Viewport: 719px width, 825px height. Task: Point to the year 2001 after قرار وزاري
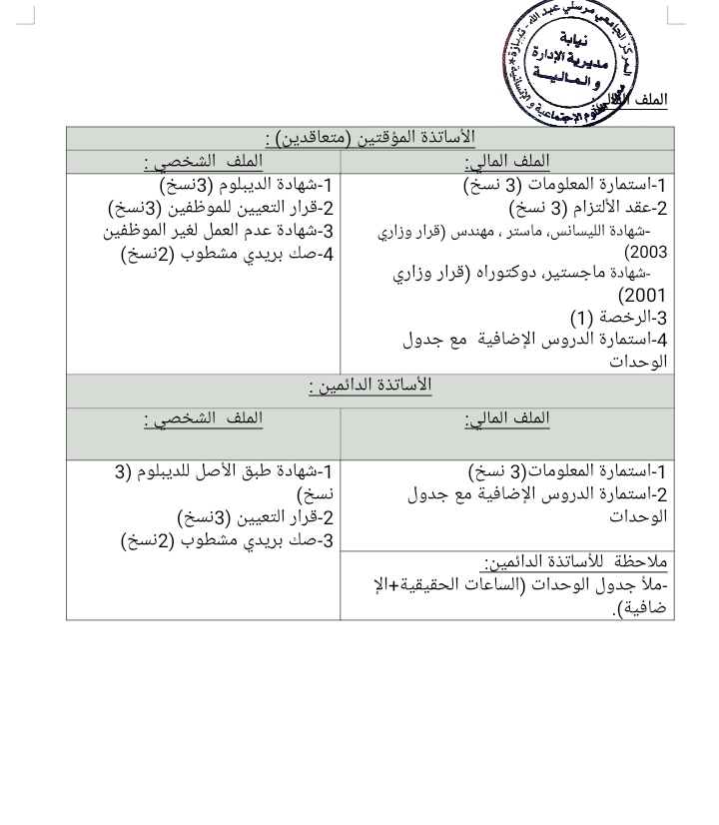[x=642, y=296]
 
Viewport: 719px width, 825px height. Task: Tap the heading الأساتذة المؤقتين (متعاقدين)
[x=370, y=137]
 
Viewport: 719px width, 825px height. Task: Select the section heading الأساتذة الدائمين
[x=370, y=386]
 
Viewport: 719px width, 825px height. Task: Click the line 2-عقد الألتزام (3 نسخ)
[x=588, y=209]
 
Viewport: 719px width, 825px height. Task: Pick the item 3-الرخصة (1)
[x=619, y=318]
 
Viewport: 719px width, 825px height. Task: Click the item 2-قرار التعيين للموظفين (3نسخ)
[x=221, y=208]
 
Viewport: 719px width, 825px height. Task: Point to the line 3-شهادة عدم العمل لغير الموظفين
[x=219, y=231]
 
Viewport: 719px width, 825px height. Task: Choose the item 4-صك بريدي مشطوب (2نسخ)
[x=227, y=254]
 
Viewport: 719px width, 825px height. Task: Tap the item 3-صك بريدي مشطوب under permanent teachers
[x=227, y=540]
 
